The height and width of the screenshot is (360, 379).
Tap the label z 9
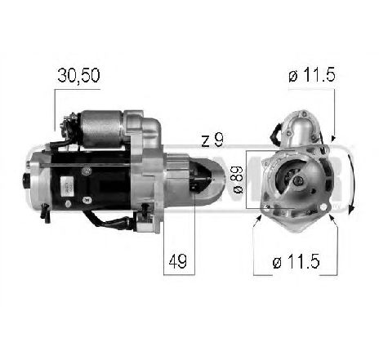pyautogui.click(x=212, y=140)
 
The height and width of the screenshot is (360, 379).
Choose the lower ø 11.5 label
pyautogui.click(x=298, y=262)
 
